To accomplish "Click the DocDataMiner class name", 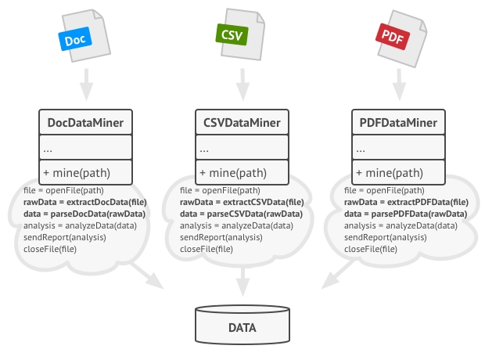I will tap(86, 122).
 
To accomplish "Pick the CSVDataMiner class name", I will tap(242, 122).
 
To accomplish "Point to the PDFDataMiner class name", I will tap(397, 122).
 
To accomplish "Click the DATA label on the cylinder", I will tap(242, 328).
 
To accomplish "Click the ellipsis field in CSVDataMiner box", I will tap(205, 147).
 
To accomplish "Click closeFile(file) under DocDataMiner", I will tap(45, 249).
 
